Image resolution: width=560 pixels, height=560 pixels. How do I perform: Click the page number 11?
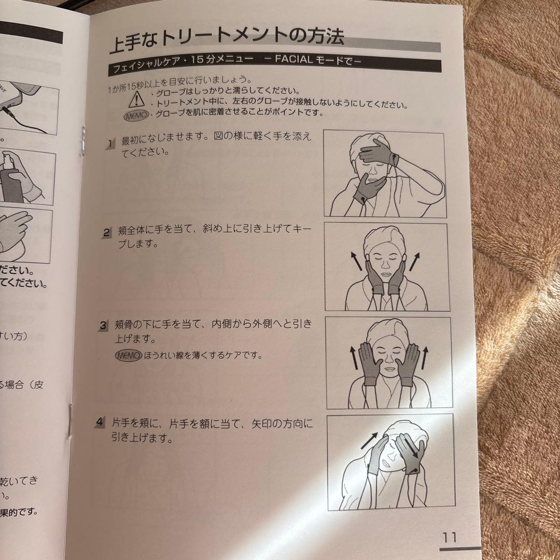(449, 537)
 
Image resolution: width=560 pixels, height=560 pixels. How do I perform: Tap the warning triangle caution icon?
(136, 98)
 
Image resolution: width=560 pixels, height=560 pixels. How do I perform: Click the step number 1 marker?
(110, 143)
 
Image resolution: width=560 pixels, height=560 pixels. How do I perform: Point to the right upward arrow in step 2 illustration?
(414, 261)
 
